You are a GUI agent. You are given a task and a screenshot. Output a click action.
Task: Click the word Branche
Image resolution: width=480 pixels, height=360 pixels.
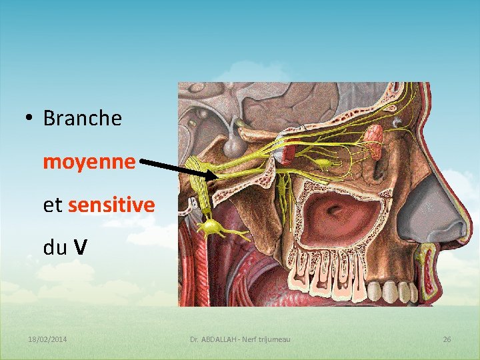82,119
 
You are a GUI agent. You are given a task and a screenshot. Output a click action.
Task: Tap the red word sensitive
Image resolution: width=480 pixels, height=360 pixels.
111,205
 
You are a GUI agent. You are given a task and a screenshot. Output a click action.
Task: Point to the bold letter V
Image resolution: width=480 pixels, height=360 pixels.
80,248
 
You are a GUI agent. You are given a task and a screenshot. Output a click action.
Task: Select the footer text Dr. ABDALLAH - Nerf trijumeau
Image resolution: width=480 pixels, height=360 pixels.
240,340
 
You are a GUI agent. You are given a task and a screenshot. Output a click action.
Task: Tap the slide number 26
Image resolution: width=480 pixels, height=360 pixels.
447,340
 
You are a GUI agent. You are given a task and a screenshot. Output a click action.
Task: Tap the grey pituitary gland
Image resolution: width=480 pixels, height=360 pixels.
233,143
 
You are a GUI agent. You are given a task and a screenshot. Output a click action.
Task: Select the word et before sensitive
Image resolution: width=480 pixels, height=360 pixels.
53,205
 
